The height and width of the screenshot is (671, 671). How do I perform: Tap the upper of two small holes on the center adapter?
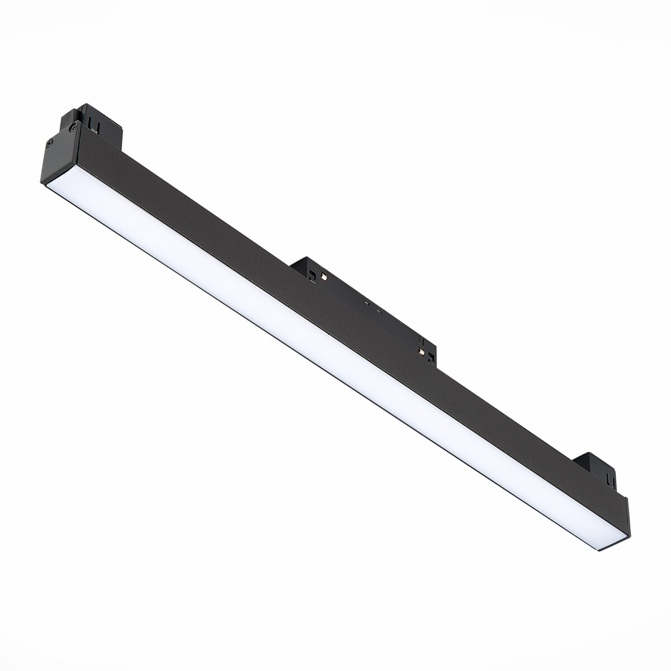(367, 303)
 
